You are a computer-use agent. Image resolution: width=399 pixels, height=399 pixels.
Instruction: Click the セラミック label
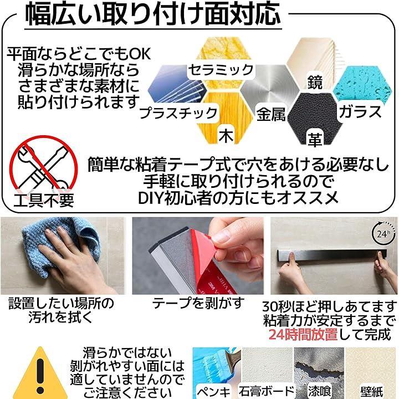click(x=221, y=70)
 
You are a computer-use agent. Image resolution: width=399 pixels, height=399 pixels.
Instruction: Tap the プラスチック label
click(x=178, y=113)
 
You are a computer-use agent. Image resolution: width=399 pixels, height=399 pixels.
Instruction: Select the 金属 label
click(x=271, y=114)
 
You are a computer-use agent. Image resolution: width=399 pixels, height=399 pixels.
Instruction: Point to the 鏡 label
click(x=315, y=82)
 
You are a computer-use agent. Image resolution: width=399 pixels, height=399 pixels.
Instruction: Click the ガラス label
click(x=360, y=111)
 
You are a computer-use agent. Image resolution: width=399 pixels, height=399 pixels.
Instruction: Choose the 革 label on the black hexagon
click(x=315, y=140)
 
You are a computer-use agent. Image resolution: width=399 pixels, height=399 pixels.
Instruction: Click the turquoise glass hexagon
click(x=362, y=86)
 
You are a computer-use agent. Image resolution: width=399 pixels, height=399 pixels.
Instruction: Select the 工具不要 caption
click(x=44, y=201)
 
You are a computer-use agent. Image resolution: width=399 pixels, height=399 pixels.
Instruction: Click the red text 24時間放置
click(x=303, y=334)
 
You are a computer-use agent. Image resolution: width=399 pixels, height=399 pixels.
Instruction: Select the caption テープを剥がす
click(x=198, y=303)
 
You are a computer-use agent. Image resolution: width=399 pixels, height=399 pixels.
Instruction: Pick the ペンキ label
click(x=213, y=391)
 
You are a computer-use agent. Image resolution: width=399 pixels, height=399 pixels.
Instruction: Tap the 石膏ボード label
click(x=266, y=391)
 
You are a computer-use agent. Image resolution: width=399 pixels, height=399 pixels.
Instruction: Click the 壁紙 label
click(x=372, y=392)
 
